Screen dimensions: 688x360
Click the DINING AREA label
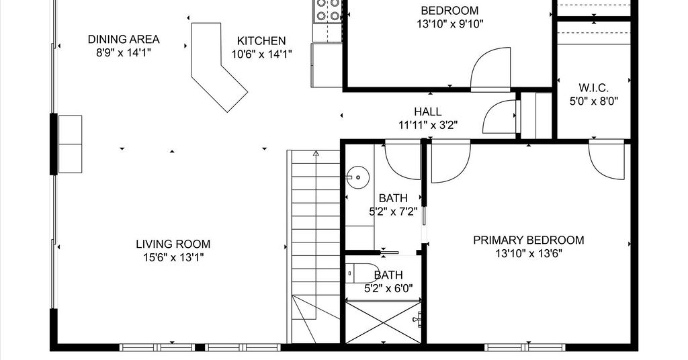pos(124,39)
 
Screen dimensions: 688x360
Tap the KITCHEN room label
pos(261,41)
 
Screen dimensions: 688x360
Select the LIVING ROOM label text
pos(173,244)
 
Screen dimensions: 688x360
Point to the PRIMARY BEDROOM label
pos(528,240)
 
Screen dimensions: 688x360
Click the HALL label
pos(428,111)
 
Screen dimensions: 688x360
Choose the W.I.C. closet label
pos(593,88)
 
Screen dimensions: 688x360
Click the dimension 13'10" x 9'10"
pos(449,24)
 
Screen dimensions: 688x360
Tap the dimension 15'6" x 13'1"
pos(173,257)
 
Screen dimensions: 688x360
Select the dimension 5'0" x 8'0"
pos(594,101)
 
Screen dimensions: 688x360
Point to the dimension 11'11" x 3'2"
pos(428,126)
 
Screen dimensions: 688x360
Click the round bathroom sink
pos(357,177)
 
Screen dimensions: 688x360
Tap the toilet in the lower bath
pos(362,274)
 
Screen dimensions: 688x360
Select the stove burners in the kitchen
pos(328,10)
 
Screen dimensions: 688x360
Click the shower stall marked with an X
pos(384,322)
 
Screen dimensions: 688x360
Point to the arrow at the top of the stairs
pos(316,154)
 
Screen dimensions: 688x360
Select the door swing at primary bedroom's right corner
pos(607,160)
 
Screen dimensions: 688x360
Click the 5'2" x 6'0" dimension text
pos(388,289)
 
